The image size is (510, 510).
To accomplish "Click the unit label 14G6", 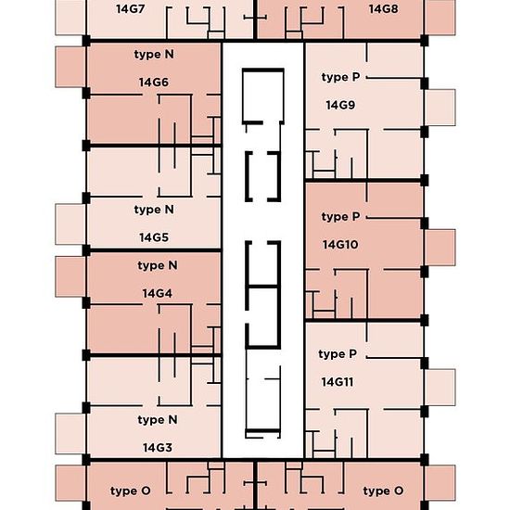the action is (154, 83).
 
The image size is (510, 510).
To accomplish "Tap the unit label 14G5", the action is (154, 237).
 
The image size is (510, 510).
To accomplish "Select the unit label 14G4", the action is (158, 293).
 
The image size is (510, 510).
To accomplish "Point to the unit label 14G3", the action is (158, 448).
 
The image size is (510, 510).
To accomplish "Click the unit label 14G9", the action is (340, 105).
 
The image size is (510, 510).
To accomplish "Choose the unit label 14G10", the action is (340, 245).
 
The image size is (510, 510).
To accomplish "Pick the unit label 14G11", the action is (338, 382).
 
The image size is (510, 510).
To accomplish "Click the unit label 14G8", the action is (384, 9).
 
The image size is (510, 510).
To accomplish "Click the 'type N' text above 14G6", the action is (154, 55).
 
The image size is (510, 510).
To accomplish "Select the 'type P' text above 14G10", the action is (340, 217).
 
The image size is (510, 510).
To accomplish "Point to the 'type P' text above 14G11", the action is (338, 354).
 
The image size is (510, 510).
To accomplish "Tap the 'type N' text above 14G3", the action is (158, 420).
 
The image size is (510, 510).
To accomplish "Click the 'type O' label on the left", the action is (130, 491).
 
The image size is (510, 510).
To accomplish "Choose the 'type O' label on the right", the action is (383, 491).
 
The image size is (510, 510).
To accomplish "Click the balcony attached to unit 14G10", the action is (440, 248).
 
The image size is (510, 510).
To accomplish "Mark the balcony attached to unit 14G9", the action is (440, 108).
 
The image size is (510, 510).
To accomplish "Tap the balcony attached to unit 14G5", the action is (70, 224).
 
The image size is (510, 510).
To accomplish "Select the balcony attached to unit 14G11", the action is (440, 388).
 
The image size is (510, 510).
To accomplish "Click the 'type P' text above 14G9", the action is (340, 77).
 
